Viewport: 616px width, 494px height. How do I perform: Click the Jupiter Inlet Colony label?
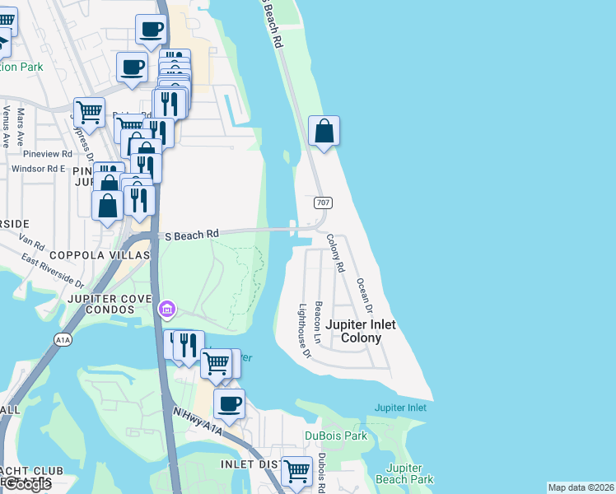coord(361,331)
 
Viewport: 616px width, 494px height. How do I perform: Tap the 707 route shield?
coord(322,202)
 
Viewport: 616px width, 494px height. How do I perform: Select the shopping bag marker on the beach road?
coord(324,131)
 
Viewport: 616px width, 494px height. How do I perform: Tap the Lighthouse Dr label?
coord(303,332)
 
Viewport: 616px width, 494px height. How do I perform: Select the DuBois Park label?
coord(335,436)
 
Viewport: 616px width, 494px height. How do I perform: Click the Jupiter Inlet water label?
coord(400,408)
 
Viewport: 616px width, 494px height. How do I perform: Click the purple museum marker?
coord(167,310)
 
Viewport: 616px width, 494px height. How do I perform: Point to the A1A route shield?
coord(63,338)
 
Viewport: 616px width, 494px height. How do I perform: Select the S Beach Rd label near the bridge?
coord(191,235)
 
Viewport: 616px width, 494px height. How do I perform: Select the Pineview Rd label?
coord(49,154)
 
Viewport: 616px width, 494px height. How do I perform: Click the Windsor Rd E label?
coord(38,169)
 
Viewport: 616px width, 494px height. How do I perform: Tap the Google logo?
coord(27,484)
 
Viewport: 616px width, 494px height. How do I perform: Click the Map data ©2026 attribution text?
coord(580,487)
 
